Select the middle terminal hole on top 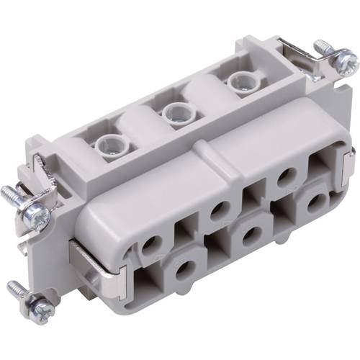tap(174, 112)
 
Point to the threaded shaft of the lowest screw tap(19, 291)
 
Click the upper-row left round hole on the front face tap(150, 246)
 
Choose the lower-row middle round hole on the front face tap(251, 235)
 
